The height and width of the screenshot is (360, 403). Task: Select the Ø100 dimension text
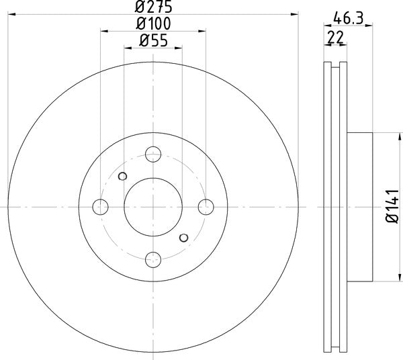[153, 24]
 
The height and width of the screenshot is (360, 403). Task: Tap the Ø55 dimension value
[153, 40]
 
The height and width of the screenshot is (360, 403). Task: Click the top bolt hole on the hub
[153, 155]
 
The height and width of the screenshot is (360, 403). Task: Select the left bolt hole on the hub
[101, 207]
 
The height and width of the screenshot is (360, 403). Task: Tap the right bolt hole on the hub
[206, 207]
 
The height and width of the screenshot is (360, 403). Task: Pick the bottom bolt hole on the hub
[153, 258]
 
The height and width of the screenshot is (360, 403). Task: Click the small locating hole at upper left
[122, 177]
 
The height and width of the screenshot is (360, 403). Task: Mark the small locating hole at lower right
[184, 237]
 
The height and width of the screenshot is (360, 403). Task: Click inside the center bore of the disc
[153, 207]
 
